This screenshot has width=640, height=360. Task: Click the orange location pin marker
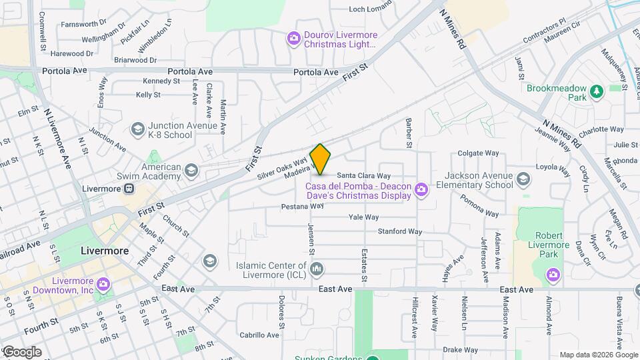(320, 159)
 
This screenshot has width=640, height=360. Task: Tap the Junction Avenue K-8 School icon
(138, 129)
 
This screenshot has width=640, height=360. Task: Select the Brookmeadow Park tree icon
(597, 91)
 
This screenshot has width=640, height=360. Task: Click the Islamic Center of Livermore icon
(317, 269)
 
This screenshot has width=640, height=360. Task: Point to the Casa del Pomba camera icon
(421, 191)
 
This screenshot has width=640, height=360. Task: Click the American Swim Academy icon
(191, 171)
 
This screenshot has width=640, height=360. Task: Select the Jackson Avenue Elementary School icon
(524, 179)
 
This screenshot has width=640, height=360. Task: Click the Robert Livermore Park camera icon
(552, 274)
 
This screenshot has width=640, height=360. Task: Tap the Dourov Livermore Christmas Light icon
(293, 39)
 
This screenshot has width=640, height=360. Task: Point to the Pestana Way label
(303, 206)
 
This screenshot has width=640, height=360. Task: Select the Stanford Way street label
(400, 232)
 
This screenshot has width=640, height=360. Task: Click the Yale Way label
(363, 217)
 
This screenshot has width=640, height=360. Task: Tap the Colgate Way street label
(478, 153)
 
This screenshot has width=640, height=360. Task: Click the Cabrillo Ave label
(259, 335)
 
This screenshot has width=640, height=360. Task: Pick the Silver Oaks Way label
(282, 168)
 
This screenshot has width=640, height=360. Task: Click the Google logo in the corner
(22, 352)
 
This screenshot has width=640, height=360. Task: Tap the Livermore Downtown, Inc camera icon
(103, 285)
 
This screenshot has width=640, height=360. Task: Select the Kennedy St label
(161, 81)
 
